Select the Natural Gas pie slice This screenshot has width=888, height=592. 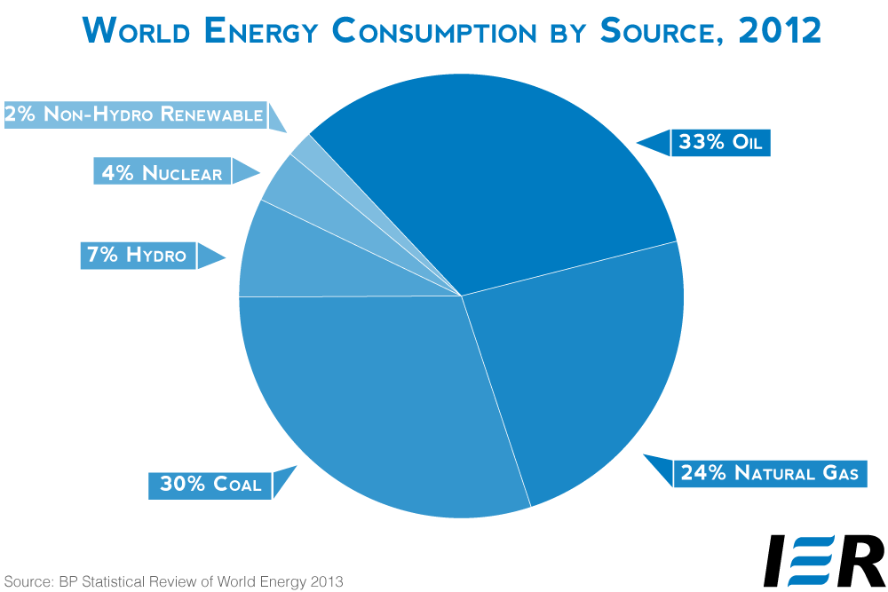577,373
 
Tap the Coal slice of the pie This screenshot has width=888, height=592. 373,408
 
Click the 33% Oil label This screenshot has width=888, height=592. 720,142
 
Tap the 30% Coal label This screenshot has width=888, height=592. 210,484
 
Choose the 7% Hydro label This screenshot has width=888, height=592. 136,256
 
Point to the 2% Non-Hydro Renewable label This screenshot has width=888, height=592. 133,114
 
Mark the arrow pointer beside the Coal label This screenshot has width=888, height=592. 283,482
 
